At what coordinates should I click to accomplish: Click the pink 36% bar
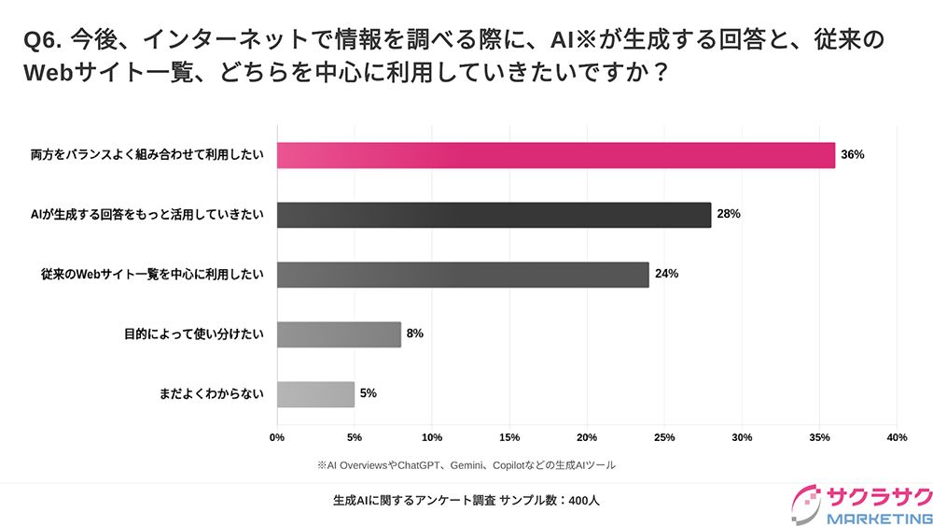[x=556, y=155]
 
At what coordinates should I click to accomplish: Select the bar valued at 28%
[x=494, y=215]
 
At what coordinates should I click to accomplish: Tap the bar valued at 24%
[x=463, y=275]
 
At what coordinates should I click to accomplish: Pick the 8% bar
[x=339, y=334]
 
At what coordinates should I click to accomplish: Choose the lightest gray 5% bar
[x=315, y=394]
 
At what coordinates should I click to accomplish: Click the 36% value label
[x=853, y=155]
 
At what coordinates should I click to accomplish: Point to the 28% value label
[x=729, y=215]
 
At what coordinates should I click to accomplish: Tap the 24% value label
[x=666, y=275]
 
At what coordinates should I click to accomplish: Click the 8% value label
[x=415, y=334]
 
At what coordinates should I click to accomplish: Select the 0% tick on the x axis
[x=277, y=437]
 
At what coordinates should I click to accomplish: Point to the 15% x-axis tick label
[x=509, y=437]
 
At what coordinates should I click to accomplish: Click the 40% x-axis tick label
[x=897, y=437]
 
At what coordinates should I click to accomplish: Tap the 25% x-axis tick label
[x=664, y=437]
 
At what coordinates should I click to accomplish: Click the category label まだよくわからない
[x=212, y=394]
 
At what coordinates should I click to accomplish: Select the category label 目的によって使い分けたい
[x=194, y=334]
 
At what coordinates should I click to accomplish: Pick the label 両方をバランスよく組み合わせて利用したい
[x=147, y=155]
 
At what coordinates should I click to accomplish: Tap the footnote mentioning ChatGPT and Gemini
[x=466, y=464]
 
